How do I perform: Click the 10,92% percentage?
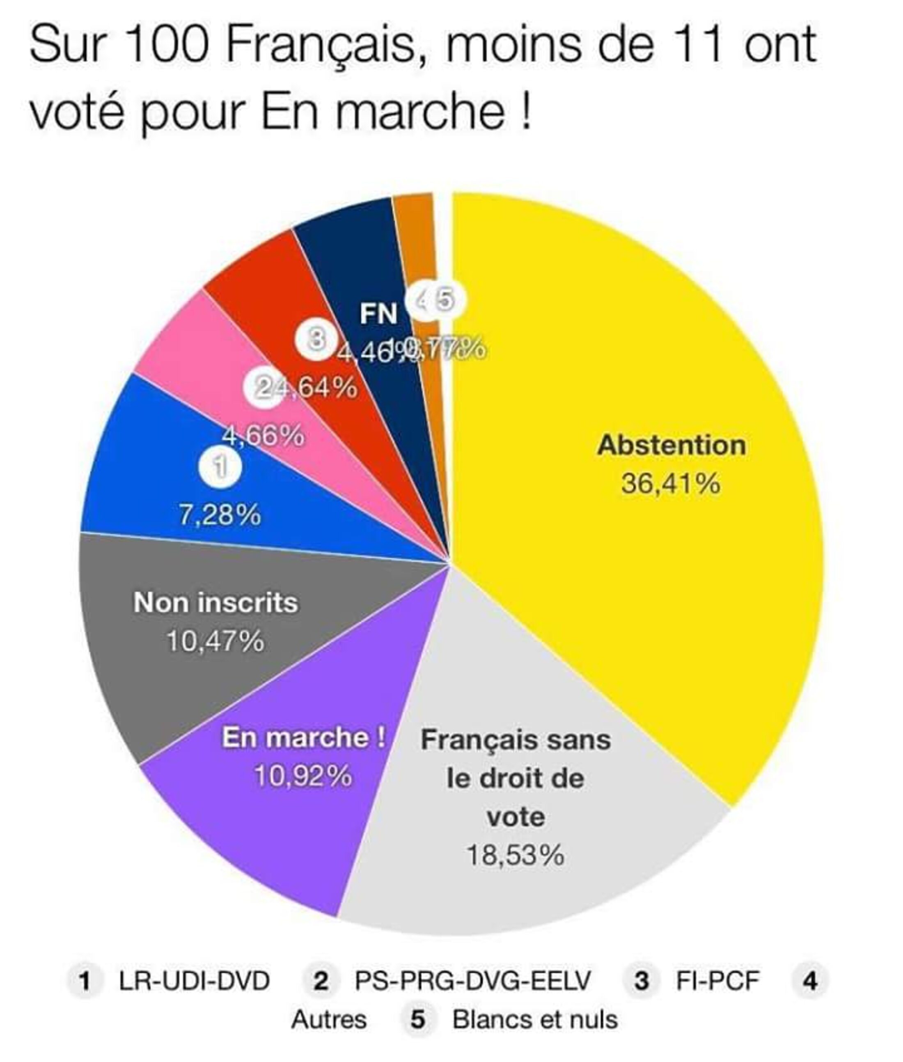point(303,776)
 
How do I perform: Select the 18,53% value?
point(516,855)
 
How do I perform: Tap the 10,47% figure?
point(215,641)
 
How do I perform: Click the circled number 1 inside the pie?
point(220,467)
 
